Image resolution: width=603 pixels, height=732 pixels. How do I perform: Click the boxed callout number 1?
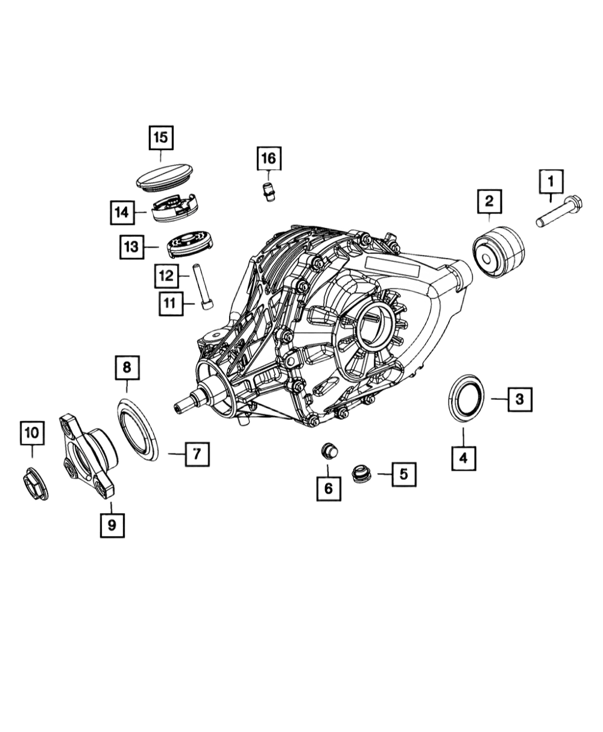pos(551,181)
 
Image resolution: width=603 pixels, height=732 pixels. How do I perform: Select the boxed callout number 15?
pos(161,137)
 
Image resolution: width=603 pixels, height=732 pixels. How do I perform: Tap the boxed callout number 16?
pos(269,159)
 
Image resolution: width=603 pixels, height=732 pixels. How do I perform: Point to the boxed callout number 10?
pos(32,433)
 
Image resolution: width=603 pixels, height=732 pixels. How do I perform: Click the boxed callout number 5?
pos(404,475)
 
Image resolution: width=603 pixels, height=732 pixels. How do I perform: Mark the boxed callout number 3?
pos(520,399)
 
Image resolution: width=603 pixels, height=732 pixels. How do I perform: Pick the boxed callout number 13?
pos(131,247)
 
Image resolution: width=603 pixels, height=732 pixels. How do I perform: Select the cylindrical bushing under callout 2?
pos(499,252)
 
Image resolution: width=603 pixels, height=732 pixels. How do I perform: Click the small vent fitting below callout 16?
pos(269,192)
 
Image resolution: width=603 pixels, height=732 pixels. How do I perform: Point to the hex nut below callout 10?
pos(36,484)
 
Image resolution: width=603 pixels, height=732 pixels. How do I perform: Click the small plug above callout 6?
pos(329,450)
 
